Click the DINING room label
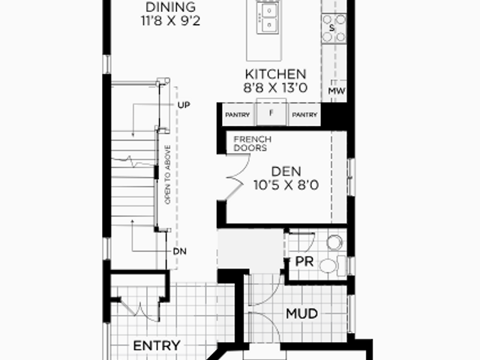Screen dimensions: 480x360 [170, 7]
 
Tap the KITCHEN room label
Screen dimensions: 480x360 [275, 74]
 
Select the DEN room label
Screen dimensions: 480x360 [286, 172]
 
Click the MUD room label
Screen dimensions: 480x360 [301, 313]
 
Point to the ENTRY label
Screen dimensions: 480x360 [157, 346]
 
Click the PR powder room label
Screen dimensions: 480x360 [304, 262]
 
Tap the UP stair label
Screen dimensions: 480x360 [184, 105]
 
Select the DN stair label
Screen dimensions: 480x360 [180, 251]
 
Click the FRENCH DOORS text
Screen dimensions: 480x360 [253, 143]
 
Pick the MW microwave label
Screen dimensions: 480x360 [337, 91]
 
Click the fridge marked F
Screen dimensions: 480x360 [271, 112]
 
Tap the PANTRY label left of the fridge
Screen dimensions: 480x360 [238, 115]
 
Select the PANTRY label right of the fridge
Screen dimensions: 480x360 [304, 115]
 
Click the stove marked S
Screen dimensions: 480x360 [334, 28]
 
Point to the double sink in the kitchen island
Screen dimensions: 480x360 [268, 17]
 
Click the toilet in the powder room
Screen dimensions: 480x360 [332, 265]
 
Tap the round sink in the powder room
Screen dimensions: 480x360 [334, 242]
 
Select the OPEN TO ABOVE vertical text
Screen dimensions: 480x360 [167, 175]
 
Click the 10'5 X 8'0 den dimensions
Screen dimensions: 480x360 [286, 185]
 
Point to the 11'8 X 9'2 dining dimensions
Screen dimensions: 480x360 [170, 21]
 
